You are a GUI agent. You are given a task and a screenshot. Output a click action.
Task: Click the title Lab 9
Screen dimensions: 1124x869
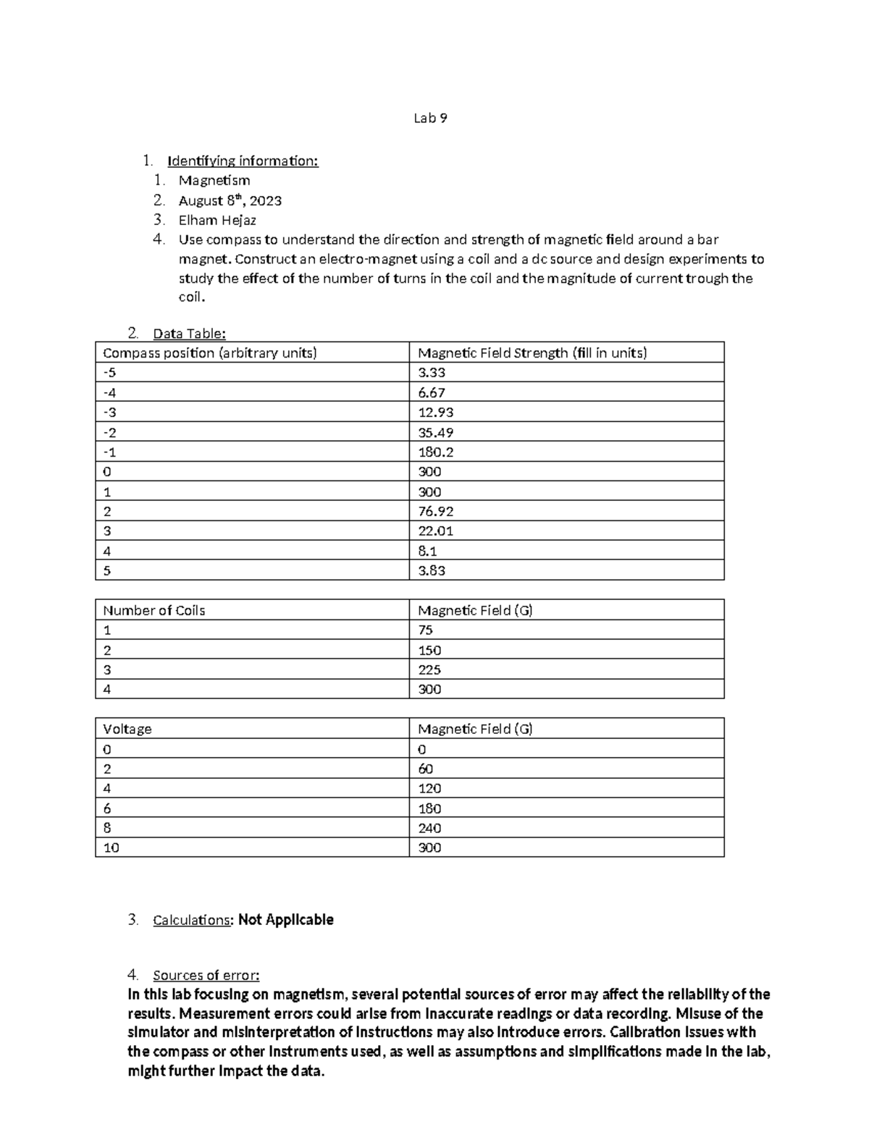pyautogui.click(x=430, y=119)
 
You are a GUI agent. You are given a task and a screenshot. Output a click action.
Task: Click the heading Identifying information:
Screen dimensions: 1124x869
pyautogui.click(x=243, y=161)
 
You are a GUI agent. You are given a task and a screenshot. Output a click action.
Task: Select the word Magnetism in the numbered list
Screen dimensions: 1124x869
pyautogui.click(x=214, y=180)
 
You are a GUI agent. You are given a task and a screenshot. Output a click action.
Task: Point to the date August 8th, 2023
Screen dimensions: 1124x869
pyautogui.click(x=230, y=200)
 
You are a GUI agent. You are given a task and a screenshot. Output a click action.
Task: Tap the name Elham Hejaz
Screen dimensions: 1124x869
pyautogui.click(x=217, y=220)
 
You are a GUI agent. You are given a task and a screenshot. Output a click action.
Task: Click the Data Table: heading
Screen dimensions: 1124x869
pyautogui.click(x=189, y=334)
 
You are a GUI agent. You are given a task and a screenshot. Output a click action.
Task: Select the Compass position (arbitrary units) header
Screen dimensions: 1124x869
pyautogui.click(x=210, y=353)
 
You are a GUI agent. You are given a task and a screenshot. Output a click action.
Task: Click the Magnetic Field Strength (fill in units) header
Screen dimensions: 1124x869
pyautogui.click(x=532, y=353)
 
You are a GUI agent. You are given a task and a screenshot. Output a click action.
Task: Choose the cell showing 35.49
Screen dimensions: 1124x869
pyautogui.click(x=436, y=433)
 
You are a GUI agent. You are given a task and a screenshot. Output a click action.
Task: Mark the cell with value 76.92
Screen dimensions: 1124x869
pyautogui.click(x=436, y=512)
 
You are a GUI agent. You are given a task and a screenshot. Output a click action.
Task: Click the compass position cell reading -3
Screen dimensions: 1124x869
pyautogui.click(x=109, y=413)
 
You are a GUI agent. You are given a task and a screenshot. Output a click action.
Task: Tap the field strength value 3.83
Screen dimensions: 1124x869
pyautogui.click(x=432, y=571)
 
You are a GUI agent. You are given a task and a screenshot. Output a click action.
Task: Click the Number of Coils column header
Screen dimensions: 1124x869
pyautogui.click(x=154, y=611)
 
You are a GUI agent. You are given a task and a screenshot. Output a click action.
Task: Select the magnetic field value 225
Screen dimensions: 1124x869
pyautogui.click(x=429, y=670)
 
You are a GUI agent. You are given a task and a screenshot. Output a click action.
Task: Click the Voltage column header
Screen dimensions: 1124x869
pyautogui.click(x=127, y=730)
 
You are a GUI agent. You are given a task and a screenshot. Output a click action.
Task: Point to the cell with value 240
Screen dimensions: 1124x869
pyautogui.click(x=429, y=829)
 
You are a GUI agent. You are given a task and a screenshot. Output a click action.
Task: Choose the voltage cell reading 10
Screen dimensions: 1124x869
pyautogui.click(x=111, y=848)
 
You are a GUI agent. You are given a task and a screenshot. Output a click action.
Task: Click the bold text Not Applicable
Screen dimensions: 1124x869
pyautogui.click(x=286, y=920)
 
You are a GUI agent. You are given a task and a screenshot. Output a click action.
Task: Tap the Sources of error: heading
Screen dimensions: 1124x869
pyautogui.click(x=206, y=976)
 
